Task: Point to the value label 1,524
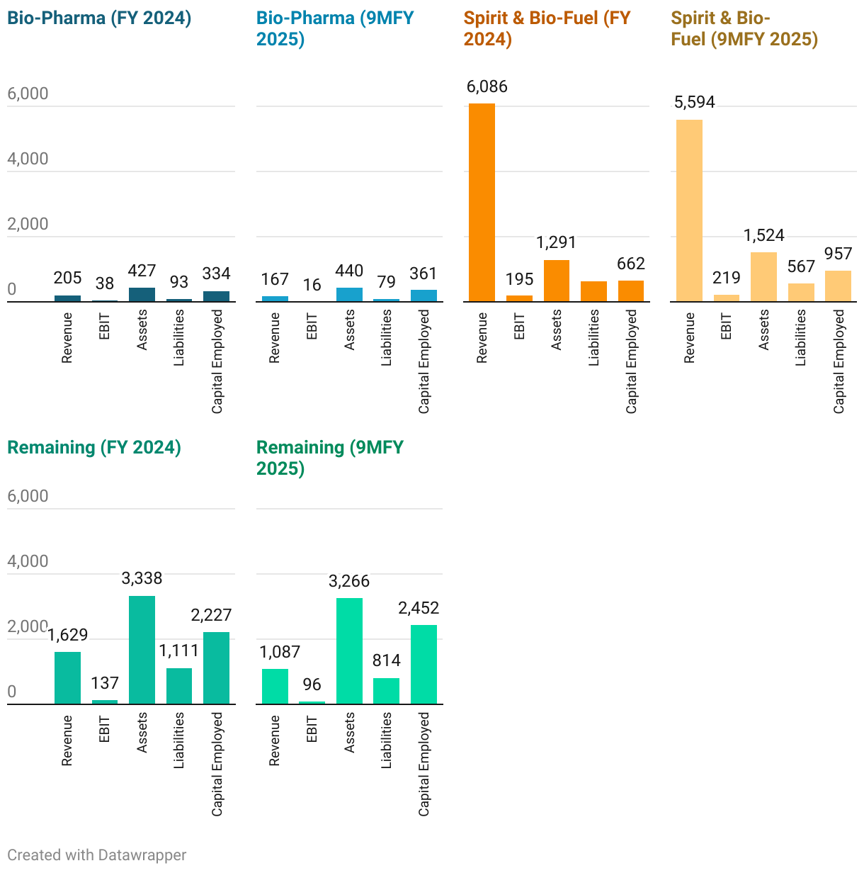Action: [x=764, y=235]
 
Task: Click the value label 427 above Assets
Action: [x=142, y=271]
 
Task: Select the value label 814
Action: [x=387, y=660]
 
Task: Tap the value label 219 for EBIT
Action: [x=727, y=278]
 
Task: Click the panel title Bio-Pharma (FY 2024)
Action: [x=99, y=18]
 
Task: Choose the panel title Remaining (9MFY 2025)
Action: [x=329, y=458]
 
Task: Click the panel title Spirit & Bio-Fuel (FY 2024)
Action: [x=547, y=28]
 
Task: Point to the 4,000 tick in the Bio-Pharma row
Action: [x=28, y=159]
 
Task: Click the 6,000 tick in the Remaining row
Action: [x=28, y=496]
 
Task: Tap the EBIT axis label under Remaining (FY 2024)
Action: [x=105, y=729]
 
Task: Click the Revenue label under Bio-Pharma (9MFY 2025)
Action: [x=275, y=338]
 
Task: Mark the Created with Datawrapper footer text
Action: [x=97, y=855]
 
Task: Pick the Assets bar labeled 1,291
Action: [x=557, y=281]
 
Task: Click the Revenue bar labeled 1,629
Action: [x=67, y=677]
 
